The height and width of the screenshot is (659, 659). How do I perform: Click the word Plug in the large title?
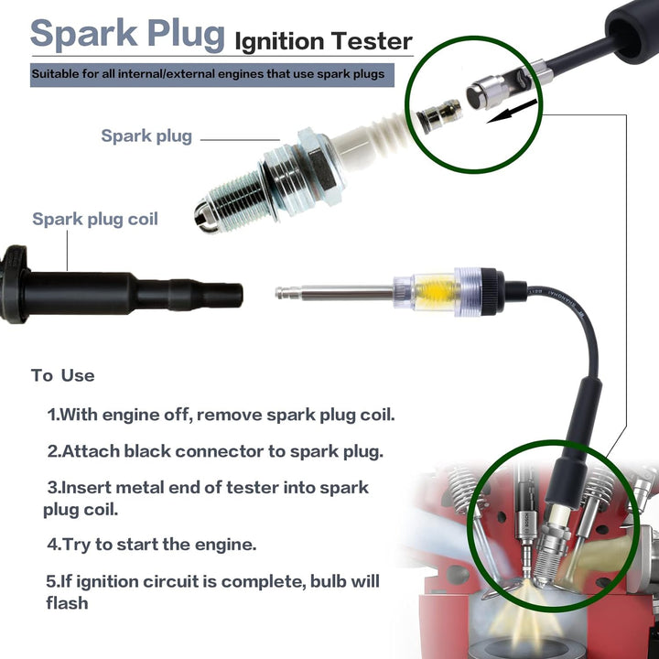click(186, 34)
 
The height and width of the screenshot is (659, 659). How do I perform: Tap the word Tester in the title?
click(371, 41)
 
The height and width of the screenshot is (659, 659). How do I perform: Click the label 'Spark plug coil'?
click(95, 220)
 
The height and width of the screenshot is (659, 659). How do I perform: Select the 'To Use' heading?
click(62, 375)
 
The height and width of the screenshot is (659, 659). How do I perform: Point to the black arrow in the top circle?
click(512, 111)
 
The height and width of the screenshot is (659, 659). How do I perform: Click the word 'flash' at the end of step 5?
click(67, 603)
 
